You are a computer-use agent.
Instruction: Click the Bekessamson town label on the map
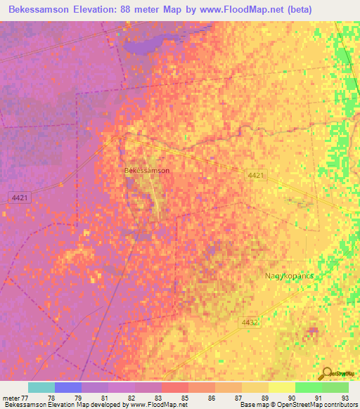(x=146, y=170)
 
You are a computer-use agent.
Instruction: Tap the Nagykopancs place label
(x=289, y=275)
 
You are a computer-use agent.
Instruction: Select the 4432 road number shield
(x=251, y=323)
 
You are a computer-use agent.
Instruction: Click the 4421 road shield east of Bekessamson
(x=256, y=174)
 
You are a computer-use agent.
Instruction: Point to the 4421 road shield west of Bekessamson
(x=19, y=198)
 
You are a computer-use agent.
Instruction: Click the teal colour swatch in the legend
(x=41, y=387)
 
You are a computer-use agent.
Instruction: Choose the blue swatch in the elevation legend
(x=68, y=387)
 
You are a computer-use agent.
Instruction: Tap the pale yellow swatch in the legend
(x=282, y=387)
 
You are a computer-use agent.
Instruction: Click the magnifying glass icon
(x=326, y=373)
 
